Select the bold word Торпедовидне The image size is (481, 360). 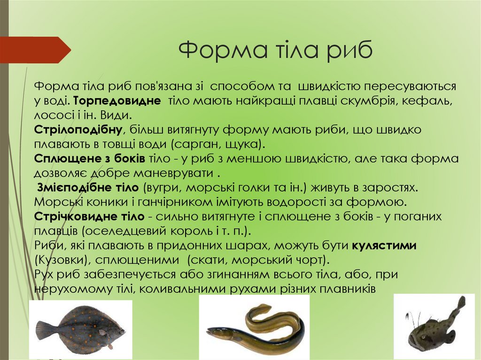[117, 101]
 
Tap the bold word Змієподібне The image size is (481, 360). [70, 188]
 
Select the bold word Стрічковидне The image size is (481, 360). [76, 216]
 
